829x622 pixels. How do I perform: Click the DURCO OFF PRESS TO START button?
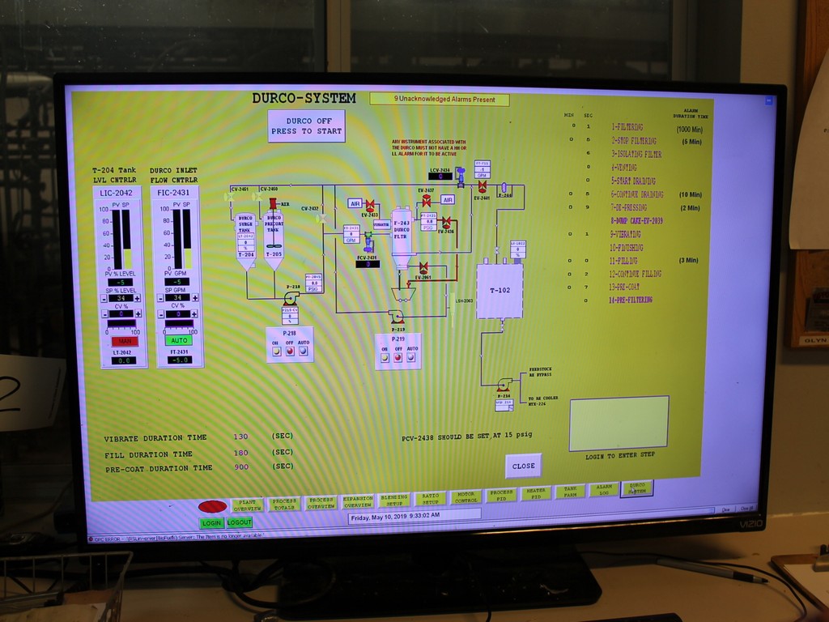[x=306, y=126]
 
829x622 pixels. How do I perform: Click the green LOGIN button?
[x=211, y=522]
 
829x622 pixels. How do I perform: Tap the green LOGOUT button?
[x=239, y=522]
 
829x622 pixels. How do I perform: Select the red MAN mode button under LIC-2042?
[x=125, y=341]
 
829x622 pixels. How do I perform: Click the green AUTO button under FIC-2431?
[x=179, y=341]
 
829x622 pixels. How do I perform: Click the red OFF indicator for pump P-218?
[x=289, y=351]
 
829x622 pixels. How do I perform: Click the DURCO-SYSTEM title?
[x=304, y=98]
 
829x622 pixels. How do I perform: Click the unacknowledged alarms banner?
[x=440, y=100]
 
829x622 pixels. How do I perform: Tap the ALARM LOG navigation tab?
[x=602, y=491]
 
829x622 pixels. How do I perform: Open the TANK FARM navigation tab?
[x=569, y=492]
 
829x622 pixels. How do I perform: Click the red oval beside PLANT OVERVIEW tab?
[x=212, y=506]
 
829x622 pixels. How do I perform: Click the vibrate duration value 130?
[x=240, y=437]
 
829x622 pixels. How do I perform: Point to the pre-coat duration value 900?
[x=240, y=467]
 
